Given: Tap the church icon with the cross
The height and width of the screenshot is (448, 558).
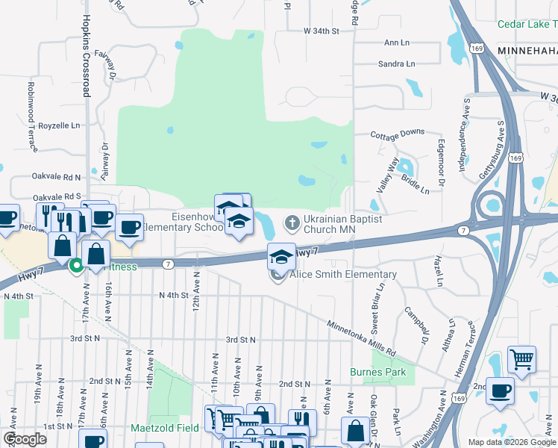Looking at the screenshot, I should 292,223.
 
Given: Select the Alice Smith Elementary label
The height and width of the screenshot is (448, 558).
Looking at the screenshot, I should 343,274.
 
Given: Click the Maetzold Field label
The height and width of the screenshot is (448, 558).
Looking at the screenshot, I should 165,429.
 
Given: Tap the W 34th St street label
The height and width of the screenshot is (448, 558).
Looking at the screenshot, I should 322,31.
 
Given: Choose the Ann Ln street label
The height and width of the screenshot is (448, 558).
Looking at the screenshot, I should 397,43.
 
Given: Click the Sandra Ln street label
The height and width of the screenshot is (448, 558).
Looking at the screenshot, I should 396,64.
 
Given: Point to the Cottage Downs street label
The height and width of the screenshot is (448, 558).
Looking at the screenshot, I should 398,133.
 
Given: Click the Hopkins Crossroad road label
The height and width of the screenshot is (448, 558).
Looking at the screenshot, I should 87,56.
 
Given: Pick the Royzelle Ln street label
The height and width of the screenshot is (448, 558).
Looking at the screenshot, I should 59,125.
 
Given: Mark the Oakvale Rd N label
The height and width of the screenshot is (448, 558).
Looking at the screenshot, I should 57,177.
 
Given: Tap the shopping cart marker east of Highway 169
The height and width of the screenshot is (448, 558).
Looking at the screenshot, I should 522,360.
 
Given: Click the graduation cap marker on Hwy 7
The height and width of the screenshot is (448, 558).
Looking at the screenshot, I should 280,257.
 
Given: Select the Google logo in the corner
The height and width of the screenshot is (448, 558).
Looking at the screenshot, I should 25,438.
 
